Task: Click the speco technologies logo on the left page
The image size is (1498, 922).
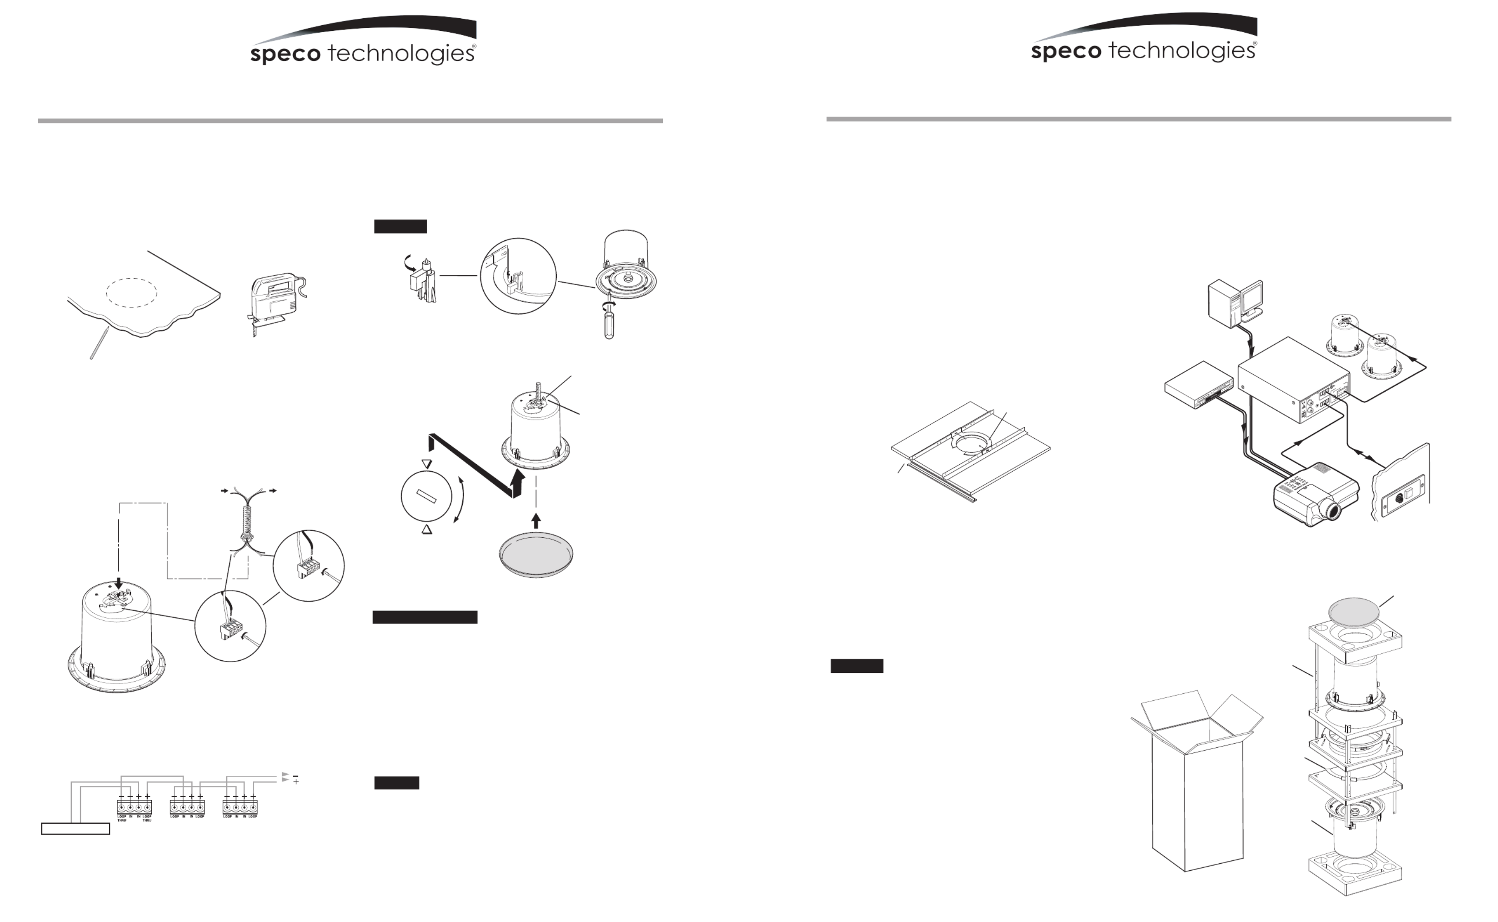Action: tap(363, 43)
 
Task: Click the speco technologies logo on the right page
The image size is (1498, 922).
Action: tap(1144, 40)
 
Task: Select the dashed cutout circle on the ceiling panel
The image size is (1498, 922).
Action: tap(132, 293)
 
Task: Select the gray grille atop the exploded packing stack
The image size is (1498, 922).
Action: tap(1354, 613)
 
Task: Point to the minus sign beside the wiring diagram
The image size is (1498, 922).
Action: tap(295, 775)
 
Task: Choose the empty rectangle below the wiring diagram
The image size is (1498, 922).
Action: tap(75, 829)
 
